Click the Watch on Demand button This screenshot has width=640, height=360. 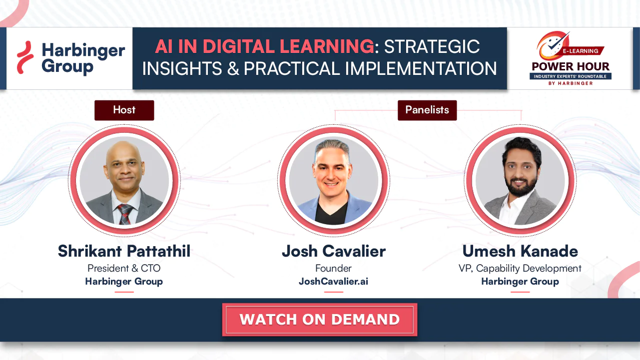(x=320, y=320)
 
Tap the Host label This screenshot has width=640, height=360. (x=124, y=110)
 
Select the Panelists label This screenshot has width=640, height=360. (x=427, y=110)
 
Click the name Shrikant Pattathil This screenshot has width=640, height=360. (x=124, y=251)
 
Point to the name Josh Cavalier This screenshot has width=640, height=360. (x=334, y=251)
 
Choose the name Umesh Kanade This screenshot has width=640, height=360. (x=520, y=251)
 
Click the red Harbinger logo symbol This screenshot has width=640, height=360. (x=25, y=57)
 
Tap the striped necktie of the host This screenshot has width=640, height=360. (x=125, y=214)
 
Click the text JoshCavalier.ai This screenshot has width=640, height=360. (x=333, y=282)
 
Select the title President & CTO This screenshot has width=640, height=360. (x=124, y=268)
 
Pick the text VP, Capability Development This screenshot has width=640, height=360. (x=520, y=268)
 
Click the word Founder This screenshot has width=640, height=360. (x=333, y=268)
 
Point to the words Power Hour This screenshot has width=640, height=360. (x=571, y=66)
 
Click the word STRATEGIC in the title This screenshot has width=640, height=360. (x=432, y=46)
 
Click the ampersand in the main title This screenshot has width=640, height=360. (x=233, y=69)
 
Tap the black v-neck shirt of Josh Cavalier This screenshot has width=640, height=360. (x=331, y=213)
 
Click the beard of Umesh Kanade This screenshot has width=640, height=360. (x=521, y=186)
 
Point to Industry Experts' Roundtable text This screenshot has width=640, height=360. (x=570, y=76)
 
